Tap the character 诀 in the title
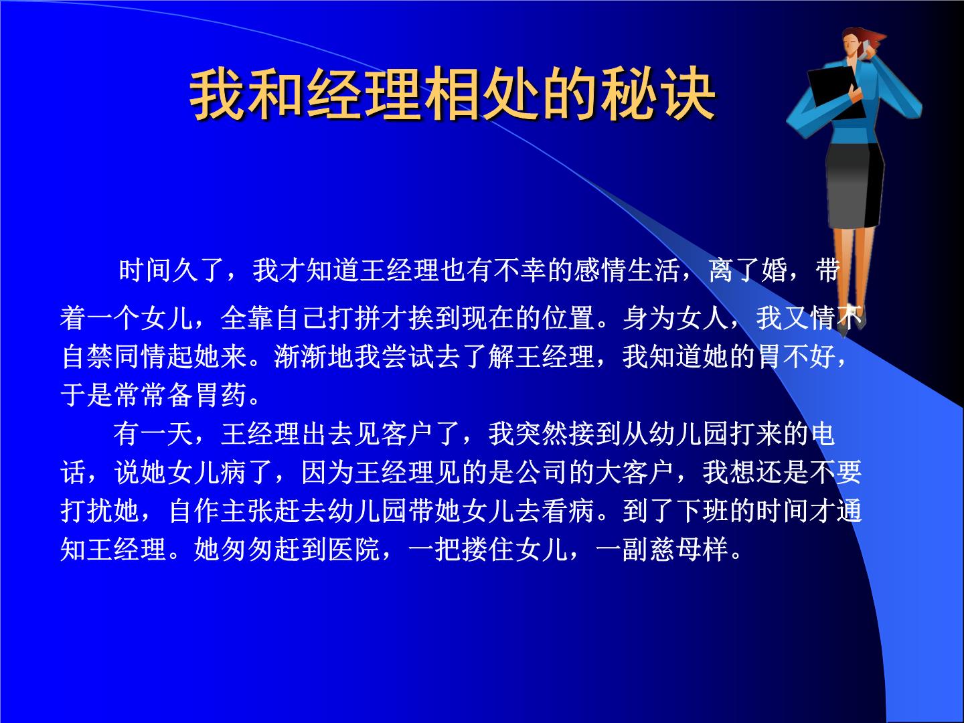688,94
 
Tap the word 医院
354,549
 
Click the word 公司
542,472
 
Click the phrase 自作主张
221,511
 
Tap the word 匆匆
247,549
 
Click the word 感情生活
627,270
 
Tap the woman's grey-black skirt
854,184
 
